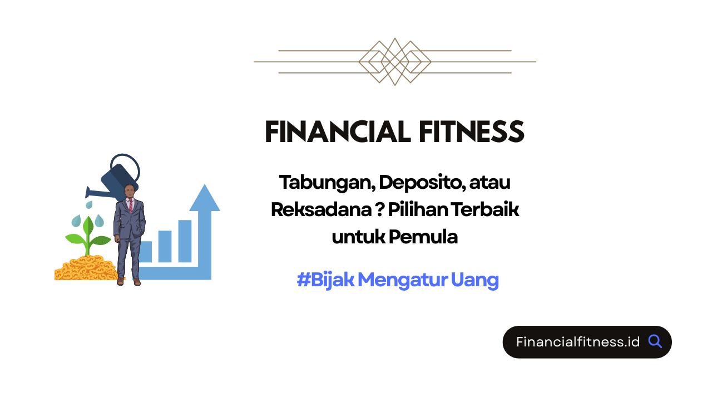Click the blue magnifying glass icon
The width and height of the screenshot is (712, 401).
coord(655,341)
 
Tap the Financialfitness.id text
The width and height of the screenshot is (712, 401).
coord(578,342)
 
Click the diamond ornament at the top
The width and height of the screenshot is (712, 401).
coord(395,62)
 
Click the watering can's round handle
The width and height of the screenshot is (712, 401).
coord(125,167)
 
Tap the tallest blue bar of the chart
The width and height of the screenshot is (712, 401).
coord(185,241)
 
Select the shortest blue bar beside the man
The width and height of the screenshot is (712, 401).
coord(146,251)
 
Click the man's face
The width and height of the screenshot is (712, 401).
coord(130,191)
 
